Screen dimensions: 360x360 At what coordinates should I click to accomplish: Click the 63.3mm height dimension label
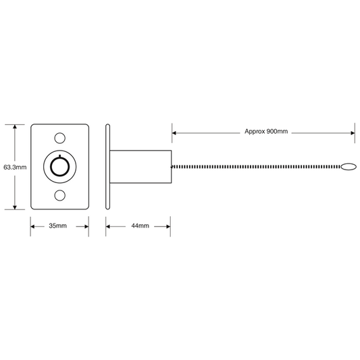[15, 168]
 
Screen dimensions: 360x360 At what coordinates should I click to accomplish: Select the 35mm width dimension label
[58, 226]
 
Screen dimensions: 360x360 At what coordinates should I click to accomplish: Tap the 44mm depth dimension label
[140, 226]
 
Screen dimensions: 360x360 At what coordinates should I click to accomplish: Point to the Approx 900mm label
[266, 132]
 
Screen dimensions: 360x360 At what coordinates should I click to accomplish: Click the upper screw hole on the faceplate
[59, 138]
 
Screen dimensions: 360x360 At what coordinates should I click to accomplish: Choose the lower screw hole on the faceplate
[59, 195]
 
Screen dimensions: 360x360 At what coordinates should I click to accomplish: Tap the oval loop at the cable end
[349, 167]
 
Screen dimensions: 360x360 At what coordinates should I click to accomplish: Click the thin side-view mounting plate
[107, 167]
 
